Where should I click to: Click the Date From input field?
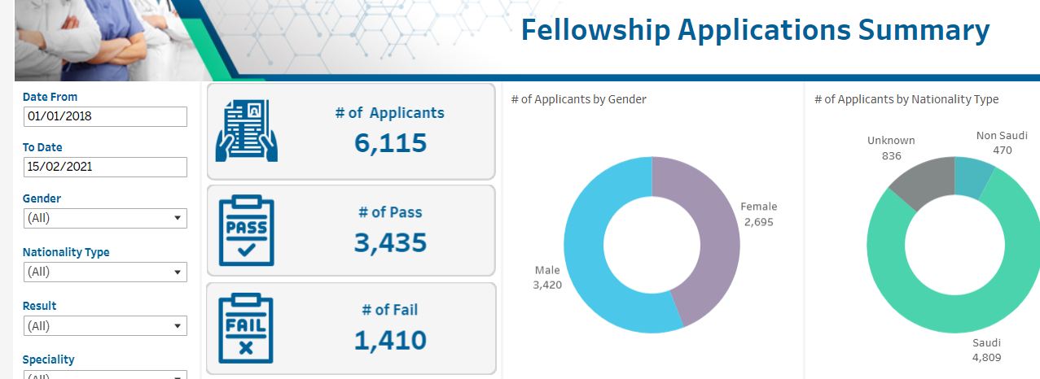(x=105, y=116)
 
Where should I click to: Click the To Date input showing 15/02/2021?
(x=105, y=167)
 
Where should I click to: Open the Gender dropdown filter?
(x=105, y=218)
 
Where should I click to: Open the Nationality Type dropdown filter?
(x=105, y=272)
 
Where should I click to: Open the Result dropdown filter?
(x=105, y=326)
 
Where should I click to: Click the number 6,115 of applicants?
(x=390, y=143)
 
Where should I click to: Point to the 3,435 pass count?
(x=390, y=242)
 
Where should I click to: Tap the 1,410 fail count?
(x=390, y=339)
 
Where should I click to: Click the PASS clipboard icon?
(x=247, y=230)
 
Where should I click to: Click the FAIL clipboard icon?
(x=247, y=329)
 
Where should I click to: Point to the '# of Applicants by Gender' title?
(x=578, y=99)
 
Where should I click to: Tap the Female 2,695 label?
(x=758, y=214)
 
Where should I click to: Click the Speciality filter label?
(x=49, y=359)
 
